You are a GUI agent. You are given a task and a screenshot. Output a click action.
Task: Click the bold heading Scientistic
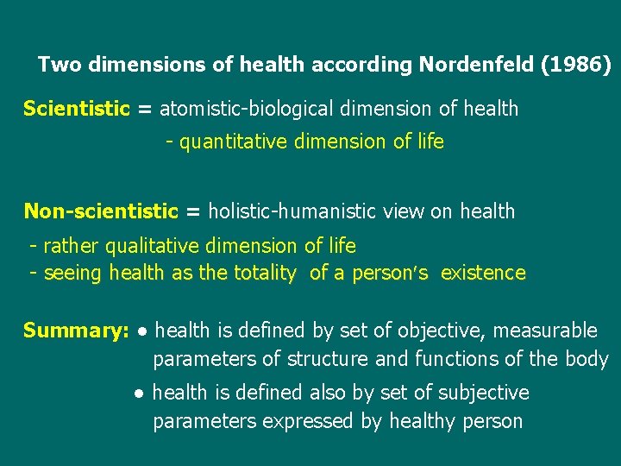(x=76, y=109)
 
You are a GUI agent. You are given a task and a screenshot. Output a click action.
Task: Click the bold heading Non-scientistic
(x=100, y=211)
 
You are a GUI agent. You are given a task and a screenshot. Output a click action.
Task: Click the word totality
(x=265, y=274)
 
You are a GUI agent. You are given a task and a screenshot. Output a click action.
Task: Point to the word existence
(x=483, y=274)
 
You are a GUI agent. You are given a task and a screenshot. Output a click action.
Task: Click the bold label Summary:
(x=76, y=331)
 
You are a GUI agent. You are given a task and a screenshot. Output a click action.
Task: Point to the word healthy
(x=422, y=422)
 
